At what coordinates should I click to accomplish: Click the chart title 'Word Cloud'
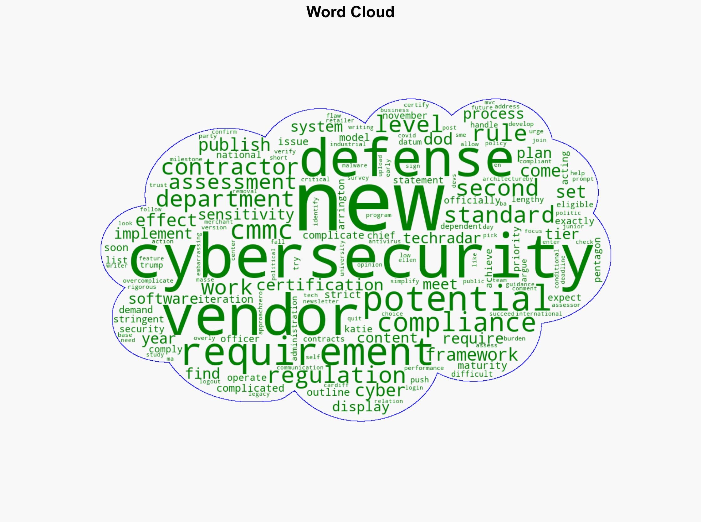[350, 12]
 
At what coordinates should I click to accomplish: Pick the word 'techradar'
[442, 238]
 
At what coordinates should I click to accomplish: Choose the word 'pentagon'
[597, 259]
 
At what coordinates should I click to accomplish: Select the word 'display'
[361, 406]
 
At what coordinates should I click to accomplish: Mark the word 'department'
[225, 200]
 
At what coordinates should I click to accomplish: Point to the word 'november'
[405, 116]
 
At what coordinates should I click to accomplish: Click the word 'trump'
[151, 265]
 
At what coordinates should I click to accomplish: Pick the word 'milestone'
[186, 159]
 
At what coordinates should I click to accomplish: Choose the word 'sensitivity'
[246, 215]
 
